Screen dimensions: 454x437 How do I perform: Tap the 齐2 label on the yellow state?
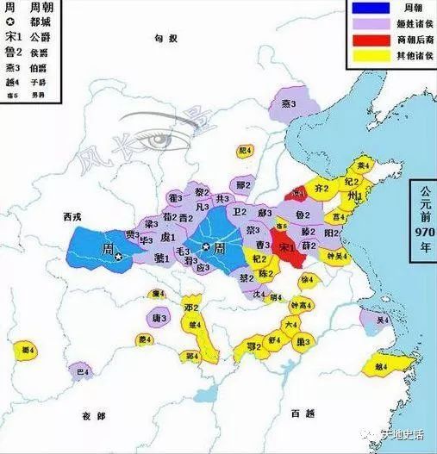point(322,187)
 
